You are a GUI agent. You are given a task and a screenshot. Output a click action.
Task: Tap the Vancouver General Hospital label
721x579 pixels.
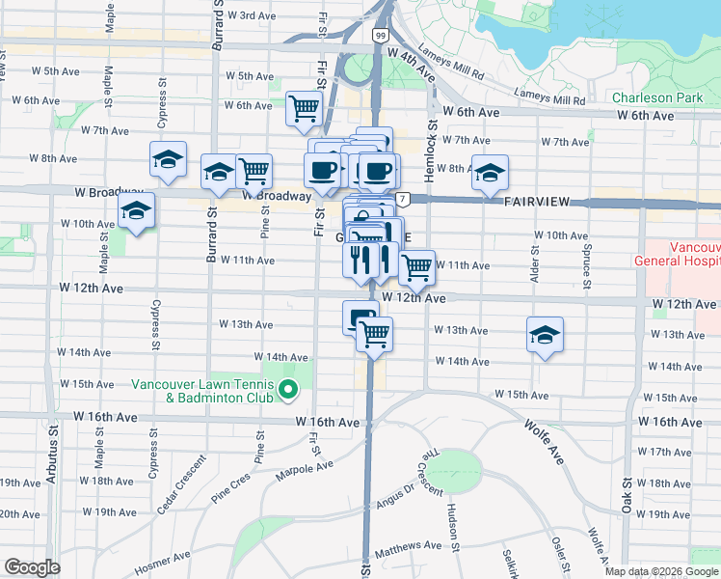(x=677, y=254)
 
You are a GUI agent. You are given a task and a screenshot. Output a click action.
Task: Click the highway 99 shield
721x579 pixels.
(x=382, y=36)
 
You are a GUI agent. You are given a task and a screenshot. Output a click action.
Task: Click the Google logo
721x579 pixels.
(x=32, y=567)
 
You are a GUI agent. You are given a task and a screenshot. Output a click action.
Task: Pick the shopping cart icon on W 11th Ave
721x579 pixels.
(x=415, y=266)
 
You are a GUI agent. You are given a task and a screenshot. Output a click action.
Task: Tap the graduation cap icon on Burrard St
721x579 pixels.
(x=219, y=172)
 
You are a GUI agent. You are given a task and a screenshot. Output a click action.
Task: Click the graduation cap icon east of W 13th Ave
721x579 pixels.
(x=545, y=335)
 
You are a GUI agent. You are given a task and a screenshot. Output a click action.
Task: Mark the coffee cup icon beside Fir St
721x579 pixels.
(x=322, y=171)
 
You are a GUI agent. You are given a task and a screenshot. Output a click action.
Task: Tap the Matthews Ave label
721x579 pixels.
(x=409, y=546)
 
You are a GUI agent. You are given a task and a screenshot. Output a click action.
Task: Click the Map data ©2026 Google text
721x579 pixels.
(x=660, y=571)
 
